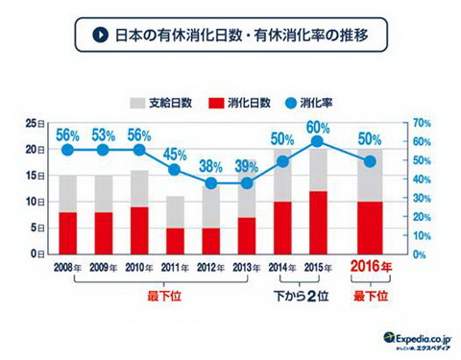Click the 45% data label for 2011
175,155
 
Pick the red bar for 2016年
370,228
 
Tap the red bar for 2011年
175,240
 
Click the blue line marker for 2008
67,150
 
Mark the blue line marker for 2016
370,161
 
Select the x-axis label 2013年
246,267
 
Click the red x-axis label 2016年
371,268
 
